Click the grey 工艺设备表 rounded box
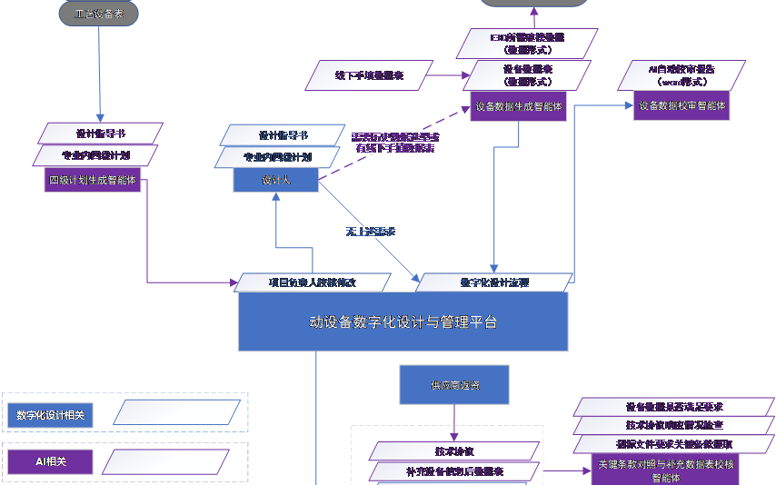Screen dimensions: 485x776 coord(99,14)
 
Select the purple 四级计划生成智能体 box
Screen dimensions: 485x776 coord(93,180)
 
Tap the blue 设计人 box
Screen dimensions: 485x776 coord(275,181)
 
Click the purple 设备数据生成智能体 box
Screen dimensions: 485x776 coord(518,106)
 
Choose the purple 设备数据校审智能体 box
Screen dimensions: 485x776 coord(681,105)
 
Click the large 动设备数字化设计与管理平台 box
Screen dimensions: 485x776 coord(403,322)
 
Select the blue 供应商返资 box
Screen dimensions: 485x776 coord(454,385)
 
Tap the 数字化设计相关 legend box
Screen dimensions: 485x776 coord(51,415)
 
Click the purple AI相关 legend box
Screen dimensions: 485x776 coord(51,461)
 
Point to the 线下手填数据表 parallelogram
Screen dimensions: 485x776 coord(369,75)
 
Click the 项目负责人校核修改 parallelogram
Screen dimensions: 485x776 coord(313,282)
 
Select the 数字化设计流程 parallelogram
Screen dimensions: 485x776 coord(494,282)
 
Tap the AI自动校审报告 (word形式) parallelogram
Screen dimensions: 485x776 coord(681,75)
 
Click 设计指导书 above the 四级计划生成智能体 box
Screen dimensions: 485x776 coord(101,134)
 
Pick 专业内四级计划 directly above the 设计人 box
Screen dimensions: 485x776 coord(277,157)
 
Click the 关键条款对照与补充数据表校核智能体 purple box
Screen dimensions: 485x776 coord(665,470)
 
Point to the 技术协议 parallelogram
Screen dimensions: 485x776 coord(454,451)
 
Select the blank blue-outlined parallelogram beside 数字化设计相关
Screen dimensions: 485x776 coord(177,413)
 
